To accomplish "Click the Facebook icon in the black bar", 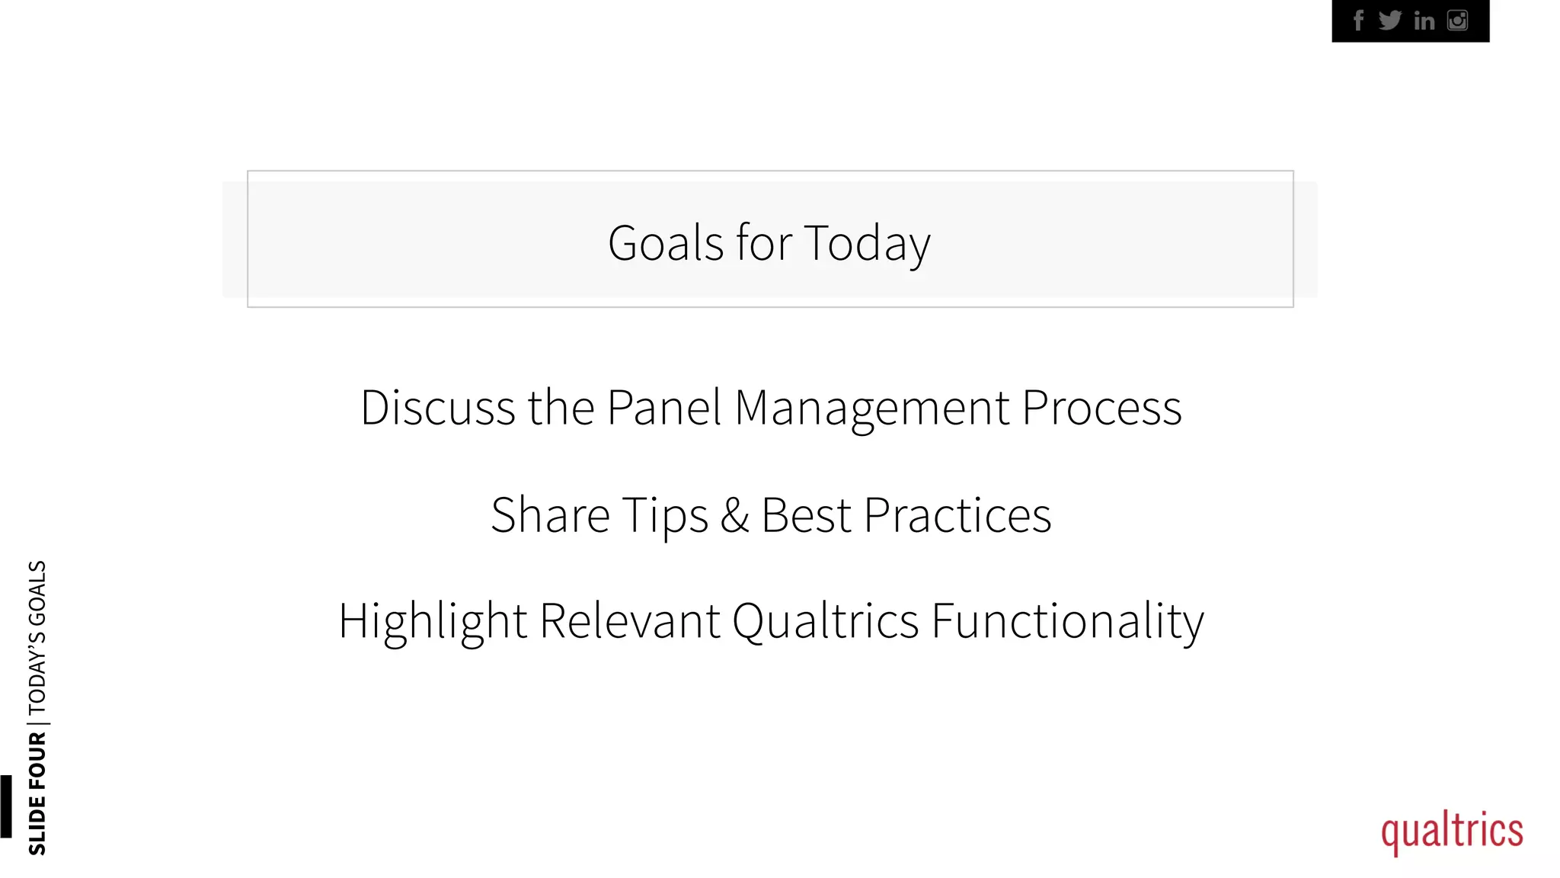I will (1358, 21).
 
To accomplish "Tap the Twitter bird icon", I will (1390, 21).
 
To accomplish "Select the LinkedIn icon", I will (1424, 21).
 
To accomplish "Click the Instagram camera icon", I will (1457, 21).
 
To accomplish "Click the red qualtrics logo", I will (1452, 832).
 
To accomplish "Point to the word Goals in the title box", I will (665, 243).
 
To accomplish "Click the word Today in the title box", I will (867, 245).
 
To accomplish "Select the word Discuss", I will (438, 408).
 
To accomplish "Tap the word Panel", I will (664, 408).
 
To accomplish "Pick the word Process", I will (1101, 408).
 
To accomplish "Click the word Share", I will (550, 515).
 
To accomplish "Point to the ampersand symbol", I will (735, 515).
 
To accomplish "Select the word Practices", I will (957, 515).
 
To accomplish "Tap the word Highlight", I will (433, 622).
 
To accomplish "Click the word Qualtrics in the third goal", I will (826, 621).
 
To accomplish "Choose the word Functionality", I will (1068, 622).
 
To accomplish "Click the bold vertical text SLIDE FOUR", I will (37, 793).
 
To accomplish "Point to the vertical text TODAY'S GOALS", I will (37, 636).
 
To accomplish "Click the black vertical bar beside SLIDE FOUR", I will (6, 806).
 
